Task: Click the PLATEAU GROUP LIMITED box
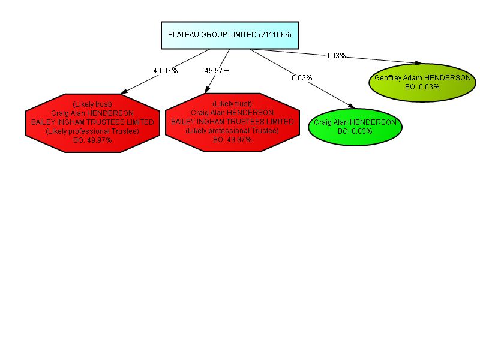pos(230,35)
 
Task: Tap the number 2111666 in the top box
pos(275,35)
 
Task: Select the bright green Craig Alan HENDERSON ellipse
pos(355,127)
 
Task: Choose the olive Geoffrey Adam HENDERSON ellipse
pos(422,83)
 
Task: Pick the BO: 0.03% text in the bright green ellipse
pos(355,131)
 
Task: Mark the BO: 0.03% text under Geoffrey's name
pos(422,87)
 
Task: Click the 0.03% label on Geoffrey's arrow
pos(335,56)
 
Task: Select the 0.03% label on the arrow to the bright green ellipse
pos(302,78)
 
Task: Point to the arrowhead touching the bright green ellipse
pos(352,106)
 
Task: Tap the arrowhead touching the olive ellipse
pos(418,63)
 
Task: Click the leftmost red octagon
pos(93,123)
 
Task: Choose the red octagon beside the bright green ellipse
pos(232,122)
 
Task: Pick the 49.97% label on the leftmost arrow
pos(166,71)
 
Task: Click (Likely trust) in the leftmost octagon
pos(92,104)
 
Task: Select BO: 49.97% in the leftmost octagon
pos(92,140)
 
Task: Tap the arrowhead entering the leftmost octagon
pos(124,92)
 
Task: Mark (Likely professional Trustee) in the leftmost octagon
pos(92,131)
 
